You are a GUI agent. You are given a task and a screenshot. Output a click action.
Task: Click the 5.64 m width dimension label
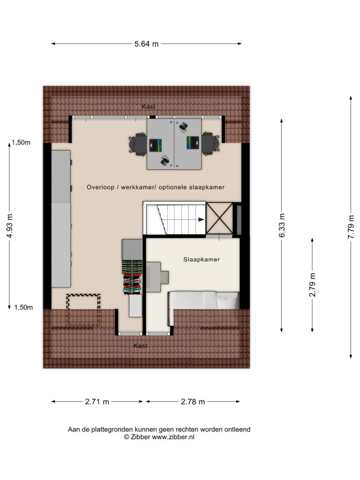[x=146, y=44]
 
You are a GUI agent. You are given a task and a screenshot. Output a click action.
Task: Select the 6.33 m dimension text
[x=282, y=225]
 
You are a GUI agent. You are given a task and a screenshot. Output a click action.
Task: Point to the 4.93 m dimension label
[x=9, y=226]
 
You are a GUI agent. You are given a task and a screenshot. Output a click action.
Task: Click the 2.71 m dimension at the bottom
[x=97, y=402]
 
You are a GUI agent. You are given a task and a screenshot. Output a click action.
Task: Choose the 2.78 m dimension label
[x=193, y=402]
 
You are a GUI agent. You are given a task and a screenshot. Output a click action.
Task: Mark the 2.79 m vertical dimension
[x=312, y=285]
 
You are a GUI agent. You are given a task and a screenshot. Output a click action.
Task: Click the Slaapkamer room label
[x=202, y=260]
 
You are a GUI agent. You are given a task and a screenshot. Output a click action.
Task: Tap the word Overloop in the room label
[x=100, y=187]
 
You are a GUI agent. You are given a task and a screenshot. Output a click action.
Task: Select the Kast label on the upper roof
[x=149, y=106]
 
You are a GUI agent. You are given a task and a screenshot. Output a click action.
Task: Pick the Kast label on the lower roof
[x=141, y=345]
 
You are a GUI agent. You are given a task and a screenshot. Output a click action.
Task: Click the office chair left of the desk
[x=138, y=144]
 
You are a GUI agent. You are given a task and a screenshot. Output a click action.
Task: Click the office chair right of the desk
[x=210, y=144]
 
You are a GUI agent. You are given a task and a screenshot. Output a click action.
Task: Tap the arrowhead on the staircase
[x=201, y=219]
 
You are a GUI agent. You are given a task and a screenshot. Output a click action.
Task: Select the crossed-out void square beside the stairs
[x=219, y=218]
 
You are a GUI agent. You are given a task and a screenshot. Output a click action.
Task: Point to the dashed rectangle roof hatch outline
[x=83, y=310]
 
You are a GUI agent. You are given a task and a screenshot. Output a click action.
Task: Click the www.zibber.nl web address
[x=173, y=437]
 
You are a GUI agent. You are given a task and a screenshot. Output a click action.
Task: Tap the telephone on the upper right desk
[x=184, y=127]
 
